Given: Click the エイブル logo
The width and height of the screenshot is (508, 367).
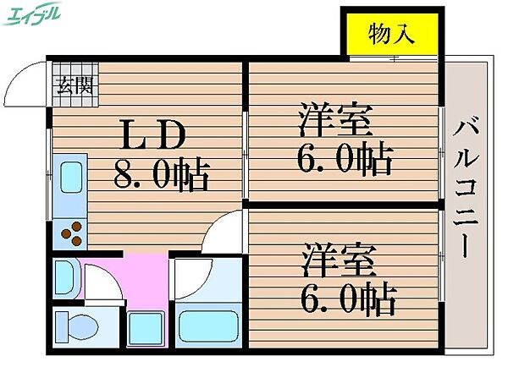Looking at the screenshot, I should coord(32,15).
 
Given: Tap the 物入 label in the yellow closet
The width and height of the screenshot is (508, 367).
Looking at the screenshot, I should coord(391,35).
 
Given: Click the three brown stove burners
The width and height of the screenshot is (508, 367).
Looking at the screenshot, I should coord(72,231).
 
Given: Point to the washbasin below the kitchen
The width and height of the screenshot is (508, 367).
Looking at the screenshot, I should coord(66,275).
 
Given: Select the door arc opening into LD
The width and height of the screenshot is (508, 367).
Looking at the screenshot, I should coord(222,233).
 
